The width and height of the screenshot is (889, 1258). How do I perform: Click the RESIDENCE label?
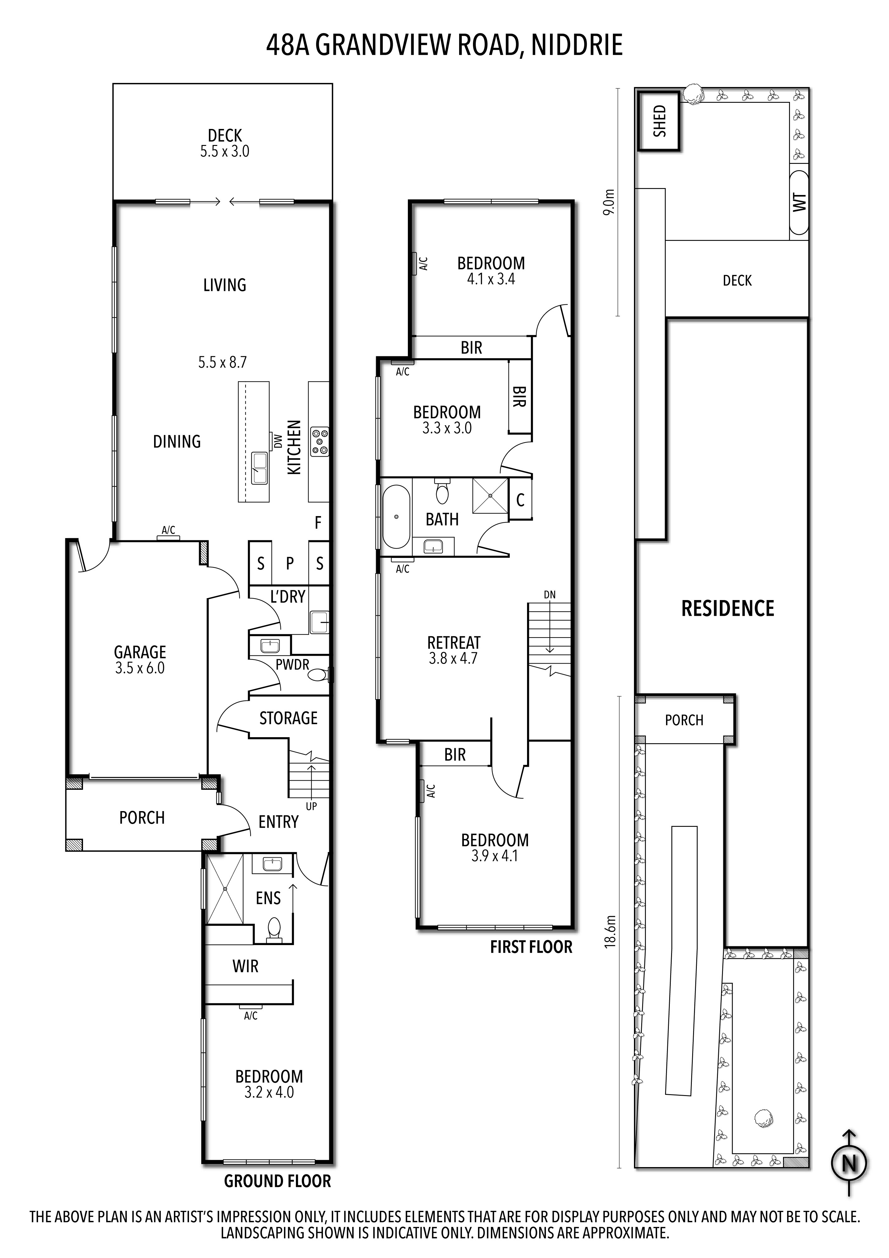click(x=727, y=609)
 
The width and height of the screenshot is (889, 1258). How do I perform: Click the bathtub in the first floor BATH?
click(x=396, y=516)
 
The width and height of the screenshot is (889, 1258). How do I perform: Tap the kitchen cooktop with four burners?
click(x=319, y=442)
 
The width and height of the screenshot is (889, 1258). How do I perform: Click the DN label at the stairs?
click(x=549, y=594)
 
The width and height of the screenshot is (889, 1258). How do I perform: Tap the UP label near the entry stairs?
click(x=311, y=806)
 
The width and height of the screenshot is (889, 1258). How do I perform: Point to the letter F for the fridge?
click(x=318, y=523)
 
